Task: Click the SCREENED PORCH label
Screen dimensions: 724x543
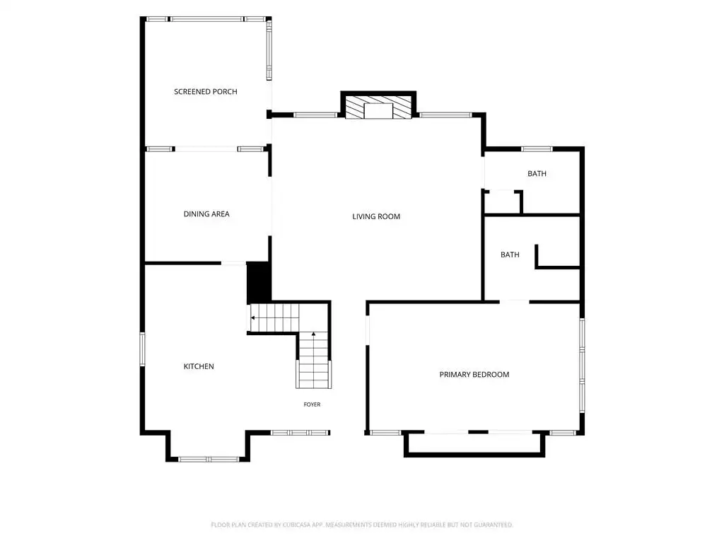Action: point(206,91)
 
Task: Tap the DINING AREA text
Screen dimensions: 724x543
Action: point(206,214)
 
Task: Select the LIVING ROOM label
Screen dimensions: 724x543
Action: point(376,216)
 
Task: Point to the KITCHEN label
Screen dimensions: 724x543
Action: point(199,366)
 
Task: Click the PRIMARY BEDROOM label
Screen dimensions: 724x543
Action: point(474,375)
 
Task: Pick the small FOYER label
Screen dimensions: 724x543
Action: point(312,404)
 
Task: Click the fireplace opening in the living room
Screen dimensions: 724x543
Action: point(378,111)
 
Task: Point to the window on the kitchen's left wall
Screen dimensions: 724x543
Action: point(142,349)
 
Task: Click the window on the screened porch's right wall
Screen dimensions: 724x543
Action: point(269,50)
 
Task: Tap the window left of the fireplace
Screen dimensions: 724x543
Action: point(316,115)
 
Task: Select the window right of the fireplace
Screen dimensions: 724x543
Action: point(445,115)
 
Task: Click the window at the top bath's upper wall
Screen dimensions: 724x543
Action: point(537,149)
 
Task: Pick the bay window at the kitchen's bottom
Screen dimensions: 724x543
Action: point(209,460)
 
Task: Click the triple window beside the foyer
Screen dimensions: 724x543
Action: point(300,433)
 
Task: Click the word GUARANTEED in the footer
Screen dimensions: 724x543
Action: point(494,525)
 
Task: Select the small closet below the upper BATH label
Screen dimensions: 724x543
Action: point(502,202)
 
